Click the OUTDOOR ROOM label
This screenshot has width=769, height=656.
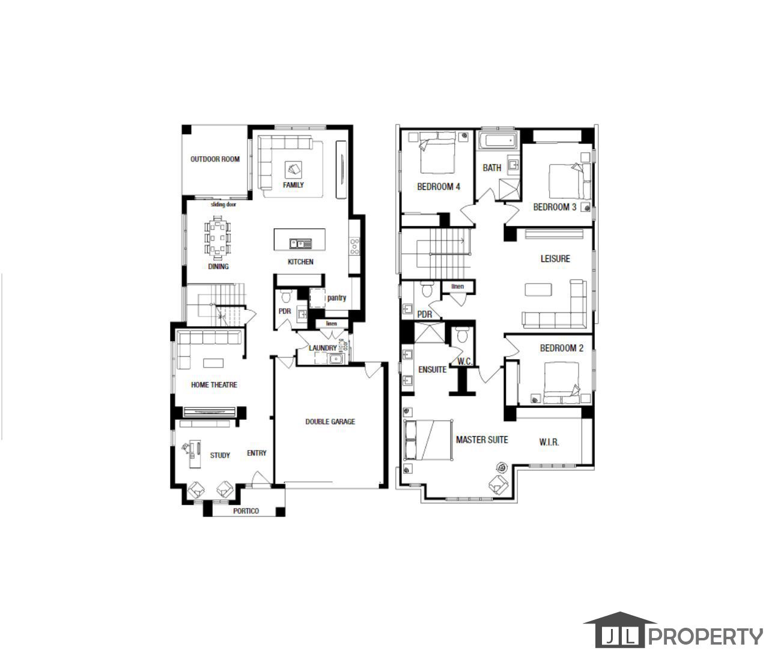coord(214,159)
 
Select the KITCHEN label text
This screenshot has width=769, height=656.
coord(300,262)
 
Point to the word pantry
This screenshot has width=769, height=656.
coord(336,297)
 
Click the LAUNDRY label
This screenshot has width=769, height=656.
coord(323,348)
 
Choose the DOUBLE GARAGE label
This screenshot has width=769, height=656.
coord(330,422)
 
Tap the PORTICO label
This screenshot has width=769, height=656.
coord(246,511)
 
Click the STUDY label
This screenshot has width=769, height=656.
coord(220,455)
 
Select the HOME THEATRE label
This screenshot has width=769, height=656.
coord(214,384)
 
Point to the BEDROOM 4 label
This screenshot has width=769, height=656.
coord(439,187)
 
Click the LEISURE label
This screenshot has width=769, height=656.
coord(555,259)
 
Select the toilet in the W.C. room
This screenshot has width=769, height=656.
coord(461,336)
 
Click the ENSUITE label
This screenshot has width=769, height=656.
coord(432,369)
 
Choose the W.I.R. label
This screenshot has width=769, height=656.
coord(549,442)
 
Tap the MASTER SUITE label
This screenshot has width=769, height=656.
coord(482,440)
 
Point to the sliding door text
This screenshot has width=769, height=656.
coord(223,204)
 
